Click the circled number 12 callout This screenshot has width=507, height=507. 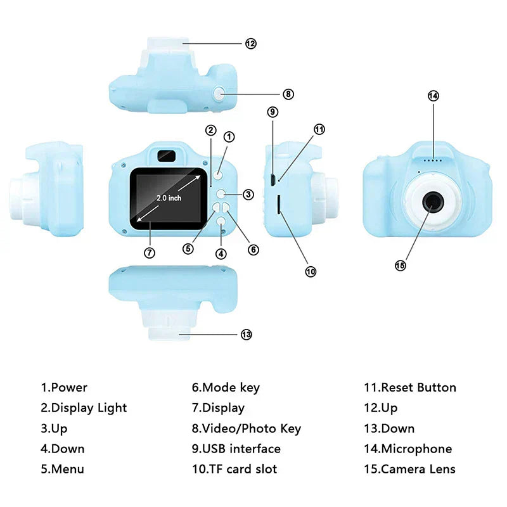click(x=251, y=44)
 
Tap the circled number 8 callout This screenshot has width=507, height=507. click(x=288, y=94)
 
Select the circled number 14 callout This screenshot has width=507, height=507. click(x=433, y=96)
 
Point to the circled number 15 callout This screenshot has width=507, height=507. click(x=400, y=266)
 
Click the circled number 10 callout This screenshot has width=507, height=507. click(x=310, y=271)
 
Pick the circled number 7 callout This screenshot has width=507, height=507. click(x=150, y=252)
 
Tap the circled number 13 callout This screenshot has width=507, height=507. click(x=247, y=335)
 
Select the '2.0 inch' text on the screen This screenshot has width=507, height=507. click(x=169, y=198)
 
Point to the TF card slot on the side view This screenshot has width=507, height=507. click(x=279, y=204)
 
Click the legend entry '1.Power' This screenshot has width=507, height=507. click(x=64, y=387)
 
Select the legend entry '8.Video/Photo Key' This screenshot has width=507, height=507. click(x=246, y=428)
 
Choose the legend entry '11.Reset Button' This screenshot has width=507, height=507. click(x=409, y=387)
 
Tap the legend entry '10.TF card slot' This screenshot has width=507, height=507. click(x=234, y=469)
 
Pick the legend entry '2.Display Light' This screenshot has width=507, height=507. click(x=84, y=408)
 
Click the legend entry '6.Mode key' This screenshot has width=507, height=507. click(x=226, y=387)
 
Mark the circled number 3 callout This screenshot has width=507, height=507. click(x=248, y=195)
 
